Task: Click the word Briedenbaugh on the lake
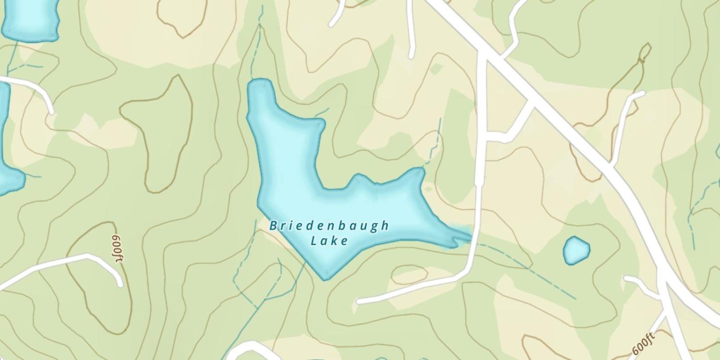[329, 226]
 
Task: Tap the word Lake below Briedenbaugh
[329, 240]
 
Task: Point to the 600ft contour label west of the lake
[117, 248]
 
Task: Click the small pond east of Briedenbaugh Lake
[576, 250]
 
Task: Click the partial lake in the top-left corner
[30, 19]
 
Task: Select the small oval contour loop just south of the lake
[409, 275]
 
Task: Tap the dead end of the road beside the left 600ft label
[120, 284]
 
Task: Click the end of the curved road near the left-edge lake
[51, 112]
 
